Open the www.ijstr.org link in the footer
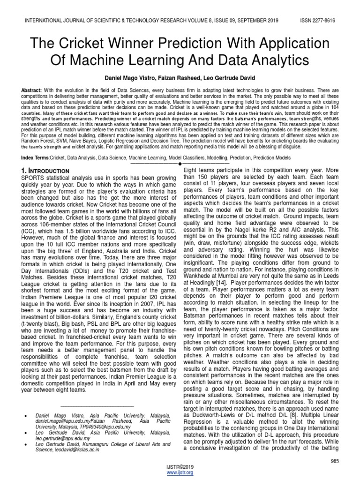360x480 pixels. pos(180,472)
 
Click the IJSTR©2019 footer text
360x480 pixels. pos(180,467)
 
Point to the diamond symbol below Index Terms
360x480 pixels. pos(180,164)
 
